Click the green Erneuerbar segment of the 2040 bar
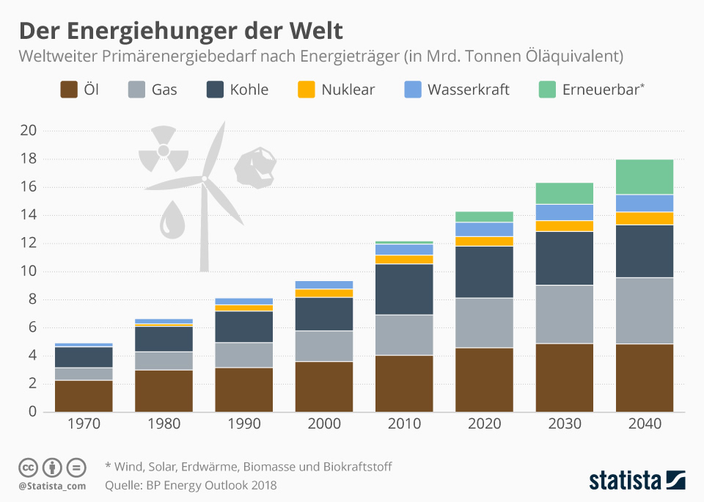pos(645,177)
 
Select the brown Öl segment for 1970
pos(84,396)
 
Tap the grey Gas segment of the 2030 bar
pos(565,314)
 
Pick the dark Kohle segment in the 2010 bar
pos(404,289)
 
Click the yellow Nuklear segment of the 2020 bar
pos(484,241)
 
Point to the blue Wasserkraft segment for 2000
pos(324,285)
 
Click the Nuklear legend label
pos(348,90)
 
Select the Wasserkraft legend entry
pos(468,90)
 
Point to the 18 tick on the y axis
pos(29,159)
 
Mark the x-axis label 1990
pos(244,424)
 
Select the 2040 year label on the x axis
pos(645,424)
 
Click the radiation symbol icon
pos(164,151)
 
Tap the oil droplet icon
pos(172,220)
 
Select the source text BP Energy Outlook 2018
pos(213,485)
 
